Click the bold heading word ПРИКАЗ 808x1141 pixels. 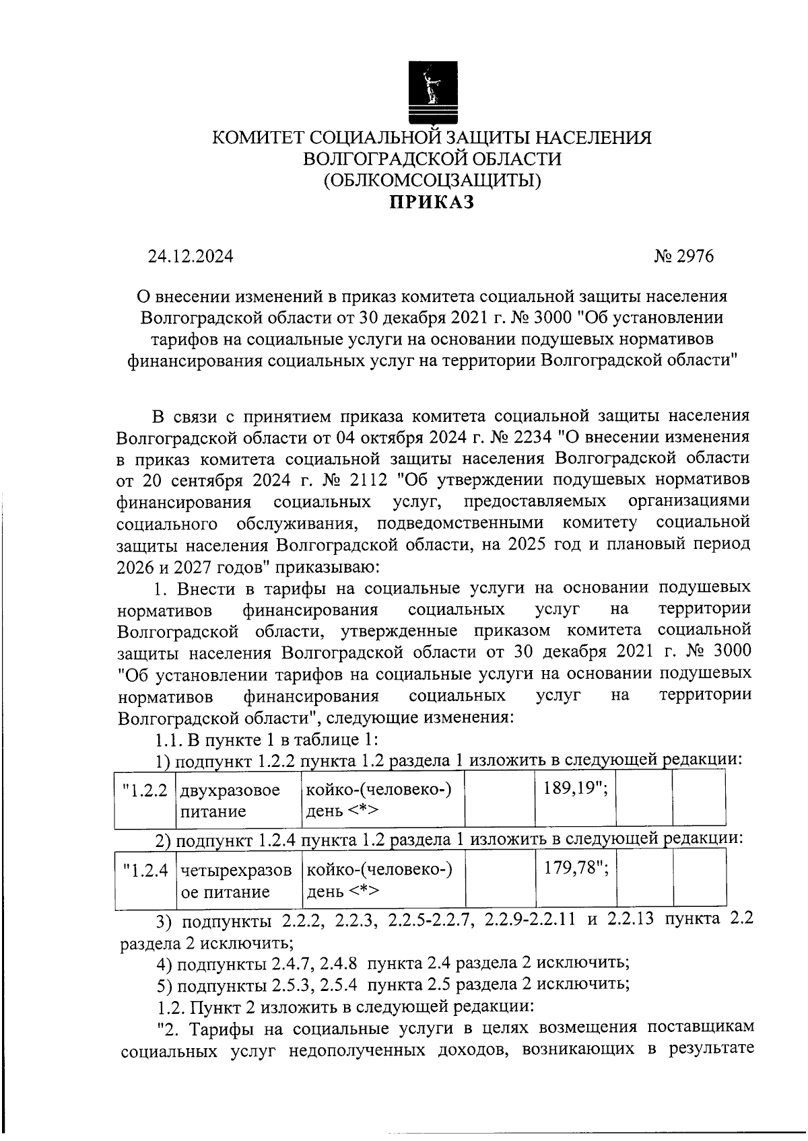432,202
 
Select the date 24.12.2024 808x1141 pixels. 191,256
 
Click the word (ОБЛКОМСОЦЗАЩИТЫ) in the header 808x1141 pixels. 432,180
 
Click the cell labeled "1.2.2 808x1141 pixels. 145,790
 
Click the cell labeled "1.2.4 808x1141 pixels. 145,870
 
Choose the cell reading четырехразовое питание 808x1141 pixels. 236,881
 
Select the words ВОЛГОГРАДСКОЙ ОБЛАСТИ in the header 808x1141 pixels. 432,159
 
